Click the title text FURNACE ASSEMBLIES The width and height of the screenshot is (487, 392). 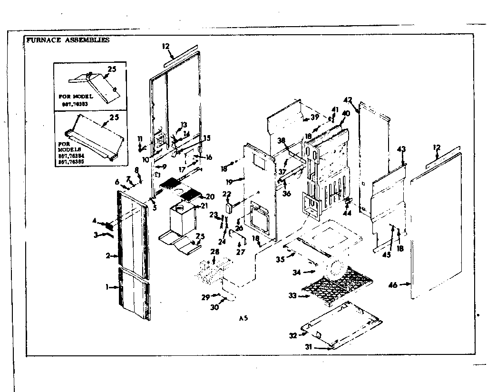click(x=67, y=40)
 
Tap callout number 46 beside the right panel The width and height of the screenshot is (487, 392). click(x=392, y=285)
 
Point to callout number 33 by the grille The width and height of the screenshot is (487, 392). click(x=292, y=295)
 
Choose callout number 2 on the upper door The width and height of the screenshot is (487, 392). click(x=109, y=256)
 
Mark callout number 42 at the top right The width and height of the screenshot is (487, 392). click(x=348, y=100)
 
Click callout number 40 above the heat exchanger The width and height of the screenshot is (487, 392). click(x=346, y=113)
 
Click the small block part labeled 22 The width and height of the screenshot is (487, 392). click(x=229, y=207)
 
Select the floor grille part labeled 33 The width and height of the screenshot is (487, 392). click(x=333, y=285)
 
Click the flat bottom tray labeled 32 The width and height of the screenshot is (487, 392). click(x=342, y=323)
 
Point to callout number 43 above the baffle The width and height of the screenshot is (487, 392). click(x=401, y=149)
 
